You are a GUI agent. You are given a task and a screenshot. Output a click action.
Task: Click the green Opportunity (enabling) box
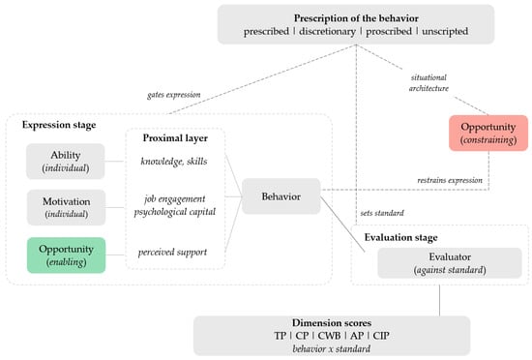click(66, 255)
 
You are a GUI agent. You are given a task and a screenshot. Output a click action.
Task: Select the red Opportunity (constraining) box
click(488, 133)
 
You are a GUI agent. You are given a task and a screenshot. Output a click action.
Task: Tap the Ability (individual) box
click(66, 162)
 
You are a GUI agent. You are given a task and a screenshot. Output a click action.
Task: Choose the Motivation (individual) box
click(66, 207)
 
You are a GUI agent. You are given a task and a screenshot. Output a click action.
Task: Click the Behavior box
click(281, 196)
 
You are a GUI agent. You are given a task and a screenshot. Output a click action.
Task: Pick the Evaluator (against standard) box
click(450, 263)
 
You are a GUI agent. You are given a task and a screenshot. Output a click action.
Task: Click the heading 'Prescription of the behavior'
click(356, 18)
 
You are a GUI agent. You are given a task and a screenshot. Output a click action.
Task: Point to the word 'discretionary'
click(327, 31)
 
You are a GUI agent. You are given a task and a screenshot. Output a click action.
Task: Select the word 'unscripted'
click(445, 31)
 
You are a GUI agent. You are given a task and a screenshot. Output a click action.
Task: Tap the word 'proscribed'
click(389, 31)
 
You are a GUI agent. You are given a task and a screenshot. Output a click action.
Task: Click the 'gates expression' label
click(174, 95)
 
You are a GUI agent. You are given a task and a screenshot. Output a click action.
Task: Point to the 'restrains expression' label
click(450, 180)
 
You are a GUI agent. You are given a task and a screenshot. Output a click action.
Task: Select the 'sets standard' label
click(382, 213)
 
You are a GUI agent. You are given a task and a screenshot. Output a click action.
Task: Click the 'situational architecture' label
click(429, 83)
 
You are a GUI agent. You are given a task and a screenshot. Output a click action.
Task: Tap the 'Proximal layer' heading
click(175, 138)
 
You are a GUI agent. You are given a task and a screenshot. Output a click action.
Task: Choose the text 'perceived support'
click(172, 253)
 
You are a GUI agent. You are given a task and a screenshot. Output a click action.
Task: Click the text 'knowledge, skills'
click(174, 162)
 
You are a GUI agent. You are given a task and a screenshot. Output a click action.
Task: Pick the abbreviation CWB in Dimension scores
click(329, 336)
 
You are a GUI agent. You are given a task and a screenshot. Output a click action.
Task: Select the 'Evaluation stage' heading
click(400, 237)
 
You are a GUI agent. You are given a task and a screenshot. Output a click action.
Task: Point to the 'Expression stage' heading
click(59, 125)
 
